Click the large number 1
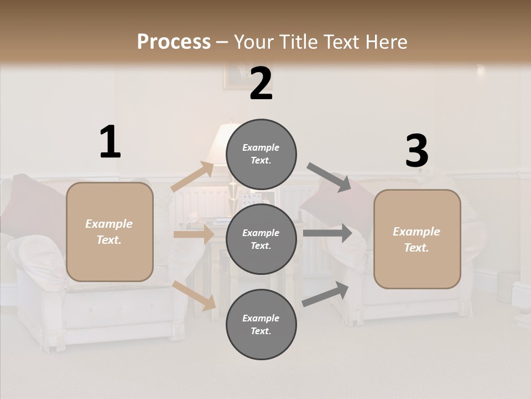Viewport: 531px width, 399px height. click(x=110, y=142)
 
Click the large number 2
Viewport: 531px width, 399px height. click(x=261, y=84)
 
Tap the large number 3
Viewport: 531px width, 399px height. click(x=417, y=151)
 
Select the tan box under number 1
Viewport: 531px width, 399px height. click(x=110, y=232)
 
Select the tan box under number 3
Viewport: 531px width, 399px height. click(x=417, y=239)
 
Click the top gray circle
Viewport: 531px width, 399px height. click(x=261, y=154)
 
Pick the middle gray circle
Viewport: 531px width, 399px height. click(x=261, y=239)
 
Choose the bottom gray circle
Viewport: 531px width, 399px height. click(x=261, y=324)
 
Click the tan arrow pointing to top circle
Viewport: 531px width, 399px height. click(x=192, y=177)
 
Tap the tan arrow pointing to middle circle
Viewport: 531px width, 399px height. click(x=194, y=234)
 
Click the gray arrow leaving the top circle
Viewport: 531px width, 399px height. click(x=329, y=177)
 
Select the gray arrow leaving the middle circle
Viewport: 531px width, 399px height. click(x=327, y=233)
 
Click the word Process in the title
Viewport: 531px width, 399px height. click(x=174, y=42)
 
